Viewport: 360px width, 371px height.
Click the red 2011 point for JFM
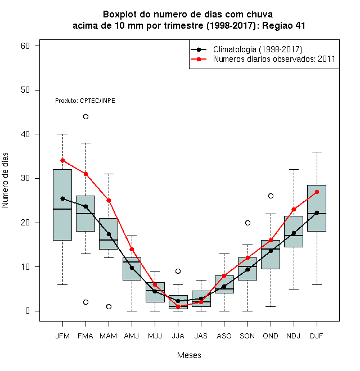[62, 161]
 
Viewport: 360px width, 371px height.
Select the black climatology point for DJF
[317, 212]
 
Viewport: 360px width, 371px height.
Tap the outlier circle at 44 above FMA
[85, 117]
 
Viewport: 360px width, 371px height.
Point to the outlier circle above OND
[271, 196]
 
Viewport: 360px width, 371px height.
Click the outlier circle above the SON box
[247, 223]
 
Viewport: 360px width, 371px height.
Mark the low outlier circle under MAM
[109, 307]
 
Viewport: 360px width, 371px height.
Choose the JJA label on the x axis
[178, 336]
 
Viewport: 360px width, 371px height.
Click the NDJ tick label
[294, 336]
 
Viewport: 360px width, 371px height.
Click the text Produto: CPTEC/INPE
[85, 101]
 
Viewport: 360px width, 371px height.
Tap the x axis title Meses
[189, 355]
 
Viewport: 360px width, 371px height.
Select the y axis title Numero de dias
[5, 180]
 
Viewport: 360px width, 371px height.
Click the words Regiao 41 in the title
[283, 25]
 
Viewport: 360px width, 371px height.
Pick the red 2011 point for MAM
[109, 201]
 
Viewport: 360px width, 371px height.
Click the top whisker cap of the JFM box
[62, 134]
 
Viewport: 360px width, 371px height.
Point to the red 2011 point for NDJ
[294, 210]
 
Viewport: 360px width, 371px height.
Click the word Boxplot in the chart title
[120, 15]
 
